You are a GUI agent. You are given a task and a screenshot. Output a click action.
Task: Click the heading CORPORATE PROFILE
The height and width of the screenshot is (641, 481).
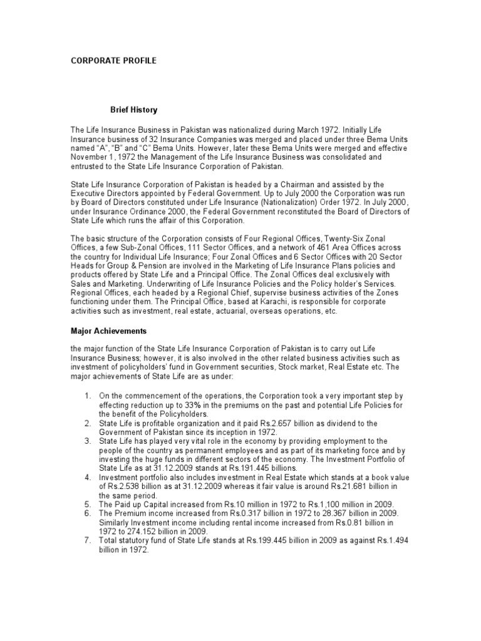[113, 61]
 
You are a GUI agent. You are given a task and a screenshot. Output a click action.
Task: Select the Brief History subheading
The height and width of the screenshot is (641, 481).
[134, 110]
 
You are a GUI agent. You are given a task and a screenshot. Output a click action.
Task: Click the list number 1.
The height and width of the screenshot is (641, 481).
[87, 396]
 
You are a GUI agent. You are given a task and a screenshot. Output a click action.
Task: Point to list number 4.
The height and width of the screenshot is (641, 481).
[87, 477]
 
